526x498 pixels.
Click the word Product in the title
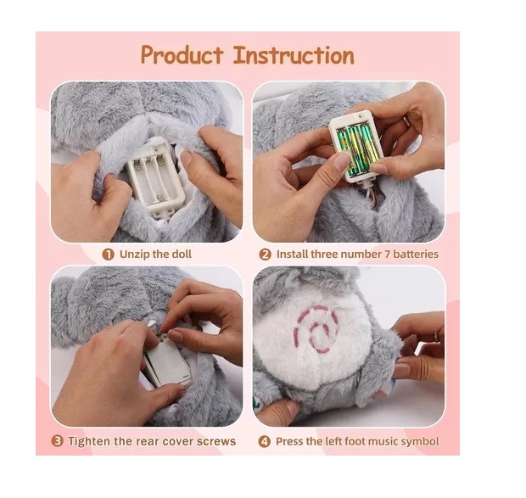pyautogui.click(x=182, y=55)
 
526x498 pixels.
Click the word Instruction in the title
pyautogui.click(x=294, y=55)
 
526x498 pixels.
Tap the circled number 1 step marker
pyautogui.click(x=108, y=255)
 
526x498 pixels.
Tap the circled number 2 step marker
pyautogui.click(x=265, y=255)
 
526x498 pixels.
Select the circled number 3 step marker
pyautogui.click(x=58, y=440)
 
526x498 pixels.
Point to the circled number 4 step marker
pyautogui.click(x=265, y=441)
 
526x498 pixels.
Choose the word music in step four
pyautogui.click(x=383, y=441)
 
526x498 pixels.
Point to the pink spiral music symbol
pyautogui.click(x=316, y=329)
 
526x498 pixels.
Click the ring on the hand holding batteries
pyautogui.click(x=406, y=121)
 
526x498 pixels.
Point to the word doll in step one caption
pyautogui.click(x=182, y=255)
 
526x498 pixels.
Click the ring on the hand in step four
pyautogui.click(x=436, y=337)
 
